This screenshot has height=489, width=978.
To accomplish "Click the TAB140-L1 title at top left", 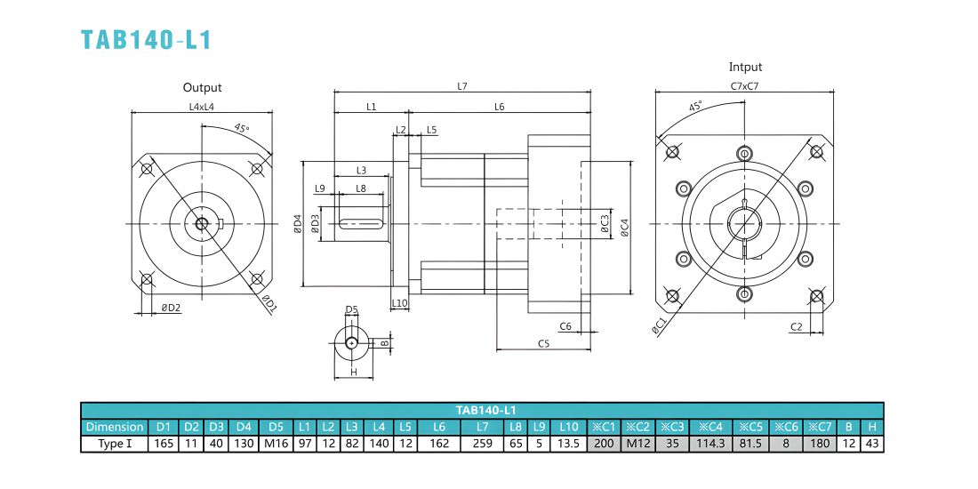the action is point(147,39).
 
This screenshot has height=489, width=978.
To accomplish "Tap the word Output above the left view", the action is point(202,88).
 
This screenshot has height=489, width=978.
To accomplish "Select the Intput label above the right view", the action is point(745,68).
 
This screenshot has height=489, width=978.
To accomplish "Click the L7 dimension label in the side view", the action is point(462,86).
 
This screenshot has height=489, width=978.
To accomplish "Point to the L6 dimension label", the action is point(499,107).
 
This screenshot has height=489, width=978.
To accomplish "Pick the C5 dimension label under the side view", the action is point(543,343).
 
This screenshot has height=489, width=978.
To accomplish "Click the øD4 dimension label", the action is point(298,224).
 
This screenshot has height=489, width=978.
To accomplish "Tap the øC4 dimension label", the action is point(624,228).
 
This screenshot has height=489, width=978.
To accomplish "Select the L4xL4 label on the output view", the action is point(202,107).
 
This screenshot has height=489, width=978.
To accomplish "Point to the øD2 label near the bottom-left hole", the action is point(171,308).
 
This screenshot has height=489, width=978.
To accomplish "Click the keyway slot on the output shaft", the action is point(361,222).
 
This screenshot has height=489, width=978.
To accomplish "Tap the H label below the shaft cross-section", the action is point(353,372).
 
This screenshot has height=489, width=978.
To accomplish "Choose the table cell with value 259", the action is point(482,444).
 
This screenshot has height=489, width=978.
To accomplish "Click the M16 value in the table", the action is point(277,444).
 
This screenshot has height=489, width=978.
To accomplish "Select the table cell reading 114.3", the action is point(710,444).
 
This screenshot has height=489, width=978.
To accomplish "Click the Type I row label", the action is point(114,444).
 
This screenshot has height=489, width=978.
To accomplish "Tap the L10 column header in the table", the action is point(569,428).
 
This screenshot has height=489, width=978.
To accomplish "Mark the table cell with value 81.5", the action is point(751,444).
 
